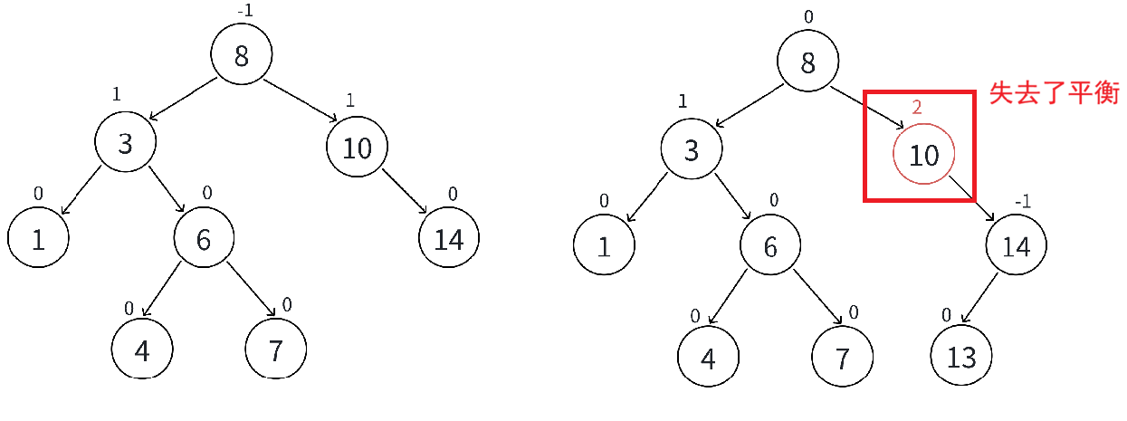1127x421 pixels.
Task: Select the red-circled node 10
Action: coord(923,155)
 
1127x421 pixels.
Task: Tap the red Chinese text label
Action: coord(1055,93)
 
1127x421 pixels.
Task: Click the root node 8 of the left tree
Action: coord(241,56)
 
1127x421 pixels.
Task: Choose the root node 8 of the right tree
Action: coord(807,62)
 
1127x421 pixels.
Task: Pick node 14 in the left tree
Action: coord(449,239)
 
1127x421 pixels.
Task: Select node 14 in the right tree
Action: coord(1016,246)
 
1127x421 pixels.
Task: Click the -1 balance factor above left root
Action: coord(244,11)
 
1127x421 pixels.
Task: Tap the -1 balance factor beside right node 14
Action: coord(1023,201)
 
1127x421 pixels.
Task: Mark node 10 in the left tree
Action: coord(358,148)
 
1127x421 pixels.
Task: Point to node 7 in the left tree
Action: coord(276,349)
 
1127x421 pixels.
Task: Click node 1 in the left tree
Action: coord(38,239)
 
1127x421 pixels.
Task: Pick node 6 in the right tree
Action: coord(769,246)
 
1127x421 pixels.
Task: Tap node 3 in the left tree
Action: coord(126,143)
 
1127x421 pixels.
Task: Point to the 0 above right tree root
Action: coord(807,16)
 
